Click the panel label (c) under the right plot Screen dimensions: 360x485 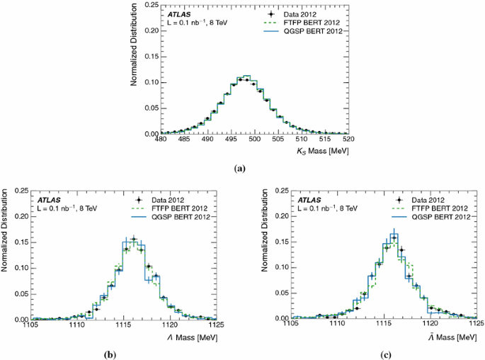(383, 354)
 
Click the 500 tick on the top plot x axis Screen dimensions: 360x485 (265, 140)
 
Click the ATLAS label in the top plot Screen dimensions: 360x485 (178, 13)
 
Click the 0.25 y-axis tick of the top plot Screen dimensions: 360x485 (149, 6)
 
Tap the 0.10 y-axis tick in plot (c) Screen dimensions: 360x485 (280, 268)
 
